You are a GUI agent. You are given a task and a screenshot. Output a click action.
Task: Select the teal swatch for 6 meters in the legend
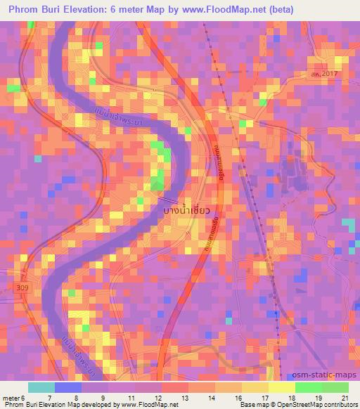coord(41,387)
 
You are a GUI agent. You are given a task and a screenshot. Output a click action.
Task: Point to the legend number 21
coord(345,398)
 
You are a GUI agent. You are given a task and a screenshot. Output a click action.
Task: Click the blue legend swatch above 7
coord(67,387)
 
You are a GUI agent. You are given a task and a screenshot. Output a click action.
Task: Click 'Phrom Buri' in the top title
coord(36,10)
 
